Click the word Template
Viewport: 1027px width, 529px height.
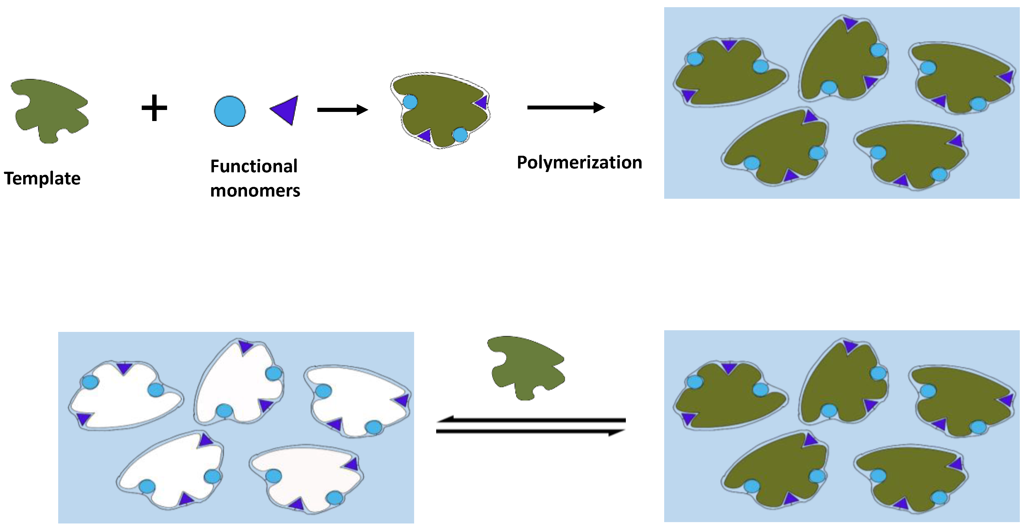pos(42,178)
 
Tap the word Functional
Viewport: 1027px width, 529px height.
pos(254,166)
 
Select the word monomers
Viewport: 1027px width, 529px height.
pos(255,190)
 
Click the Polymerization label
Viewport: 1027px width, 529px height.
pos(579,162)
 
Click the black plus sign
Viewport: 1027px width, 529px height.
pos(154,108)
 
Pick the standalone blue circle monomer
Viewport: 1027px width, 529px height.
pos(230,111)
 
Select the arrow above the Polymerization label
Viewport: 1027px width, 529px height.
pos(566,107)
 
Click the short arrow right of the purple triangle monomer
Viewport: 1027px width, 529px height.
pos(342,110)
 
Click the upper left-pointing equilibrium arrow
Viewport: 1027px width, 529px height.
pos(530,420)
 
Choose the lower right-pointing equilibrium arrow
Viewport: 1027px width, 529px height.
pos(530,432)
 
